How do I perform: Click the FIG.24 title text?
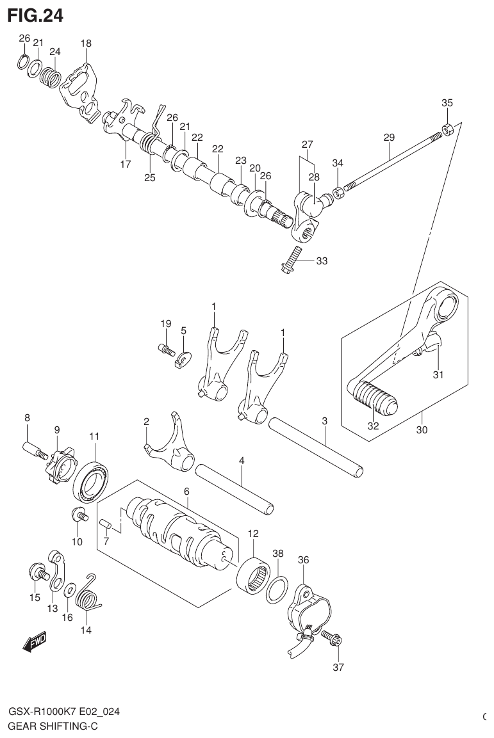point(35,15)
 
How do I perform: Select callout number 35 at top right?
point(447,102)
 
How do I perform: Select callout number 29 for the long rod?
point(389,137)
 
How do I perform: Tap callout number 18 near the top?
point(86,44)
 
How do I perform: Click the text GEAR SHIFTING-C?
point(53,726)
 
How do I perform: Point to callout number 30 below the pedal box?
point(421,430)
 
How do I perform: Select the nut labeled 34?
point(338,193)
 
